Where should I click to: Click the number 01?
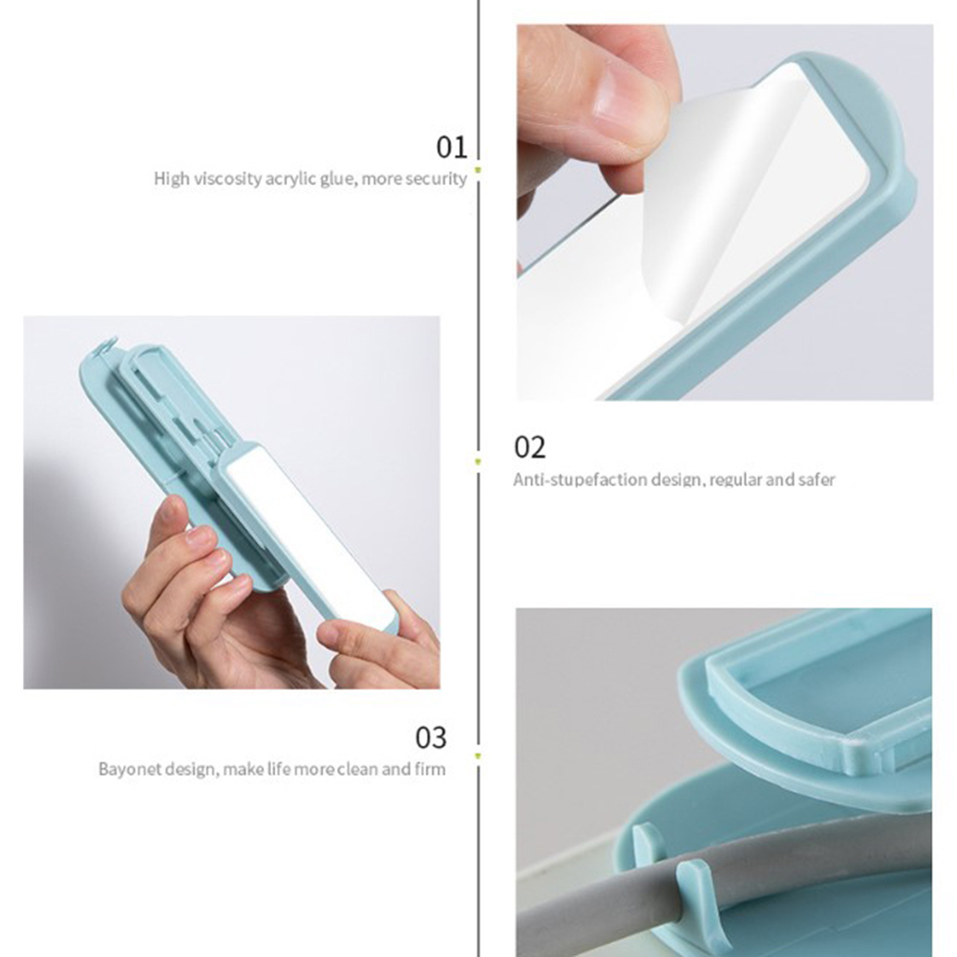click(x=452, y=147)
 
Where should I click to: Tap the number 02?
click(x=530, y=447)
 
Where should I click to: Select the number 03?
click(x=431, y=737)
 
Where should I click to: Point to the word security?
click(x=436, y=179)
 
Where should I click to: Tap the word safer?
click(x=817, y=479)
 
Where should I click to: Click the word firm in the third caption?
click(x=430, y=769)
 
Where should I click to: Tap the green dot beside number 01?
click(x=478, y=170)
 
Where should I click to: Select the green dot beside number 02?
click(x=478, y=462)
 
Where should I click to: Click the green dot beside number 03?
click(x=478, y=756)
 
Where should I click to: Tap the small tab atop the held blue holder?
click(x=106, y=348)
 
